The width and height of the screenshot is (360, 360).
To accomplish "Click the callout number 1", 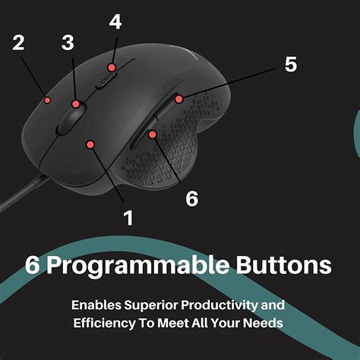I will (x=128, y=218).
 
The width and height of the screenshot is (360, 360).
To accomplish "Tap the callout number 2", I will (x=19, y=43).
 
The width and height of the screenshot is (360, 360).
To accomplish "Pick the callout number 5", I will (x=291, y=64).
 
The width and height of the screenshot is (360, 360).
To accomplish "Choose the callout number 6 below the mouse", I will (x=192, y=198).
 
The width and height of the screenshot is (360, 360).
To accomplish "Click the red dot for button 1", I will (x=90, y=143).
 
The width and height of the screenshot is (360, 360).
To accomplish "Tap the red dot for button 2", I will (x=47, y=99).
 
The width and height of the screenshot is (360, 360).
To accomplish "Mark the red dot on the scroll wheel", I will (x=76, y=103).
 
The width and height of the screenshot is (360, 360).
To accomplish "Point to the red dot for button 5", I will (x=178, y=99).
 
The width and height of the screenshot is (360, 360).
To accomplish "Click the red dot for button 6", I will (x=153, y=134).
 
